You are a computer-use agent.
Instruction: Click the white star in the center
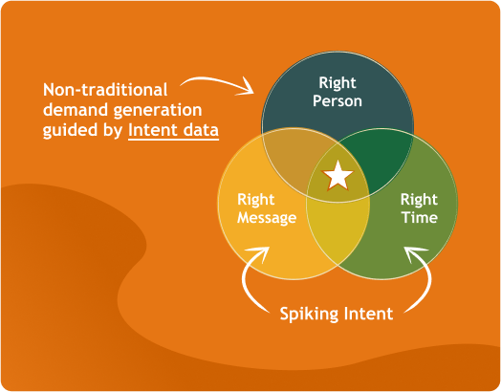[x=338, y=175]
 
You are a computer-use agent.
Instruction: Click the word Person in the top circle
[x=338, y=100]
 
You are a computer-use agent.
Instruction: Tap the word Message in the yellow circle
[x=268, y=218]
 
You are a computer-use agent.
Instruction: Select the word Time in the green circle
[x=419, y=218]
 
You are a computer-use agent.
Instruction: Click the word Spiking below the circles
[x=311, y=313]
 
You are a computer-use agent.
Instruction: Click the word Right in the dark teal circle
[x=338, y=83]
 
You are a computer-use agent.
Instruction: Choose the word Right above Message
[x=256, y=200]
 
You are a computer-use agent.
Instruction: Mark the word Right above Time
[x=419, y=200]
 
